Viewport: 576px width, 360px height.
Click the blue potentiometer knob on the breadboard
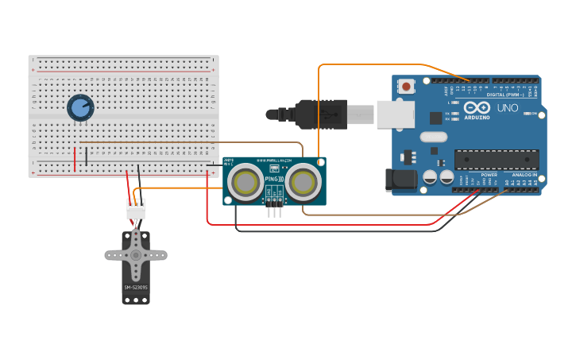point(80,107)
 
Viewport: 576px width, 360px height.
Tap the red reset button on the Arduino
point(407,86)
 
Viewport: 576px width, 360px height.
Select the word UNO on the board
point(507,108)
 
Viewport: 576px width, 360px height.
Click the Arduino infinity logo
point(477,107)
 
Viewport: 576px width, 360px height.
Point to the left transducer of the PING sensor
point(245,183)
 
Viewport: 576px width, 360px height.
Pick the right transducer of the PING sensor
point(303,183)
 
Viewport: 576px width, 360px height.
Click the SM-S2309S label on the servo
point(135,287)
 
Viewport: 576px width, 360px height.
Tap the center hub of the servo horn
point(136,255)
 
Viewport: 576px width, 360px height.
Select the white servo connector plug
point(136,210)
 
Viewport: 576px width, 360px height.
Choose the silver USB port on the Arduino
point(395,114)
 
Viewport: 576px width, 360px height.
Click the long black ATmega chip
point(496,159)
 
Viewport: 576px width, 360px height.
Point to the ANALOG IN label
point(524,175)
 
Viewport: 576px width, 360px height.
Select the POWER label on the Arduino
point(489,175)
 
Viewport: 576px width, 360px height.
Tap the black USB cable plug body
point(322,114)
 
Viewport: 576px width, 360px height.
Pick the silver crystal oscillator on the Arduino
point(434,137)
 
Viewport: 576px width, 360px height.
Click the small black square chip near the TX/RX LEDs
point(435,118)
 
